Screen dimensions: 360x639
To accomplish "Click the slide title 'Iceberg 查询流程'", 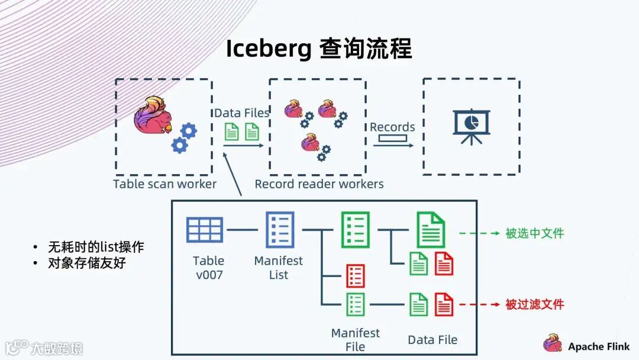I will tap(319, 49).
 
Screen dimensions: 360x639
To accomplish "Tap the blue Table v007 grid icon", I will tap(205, 230).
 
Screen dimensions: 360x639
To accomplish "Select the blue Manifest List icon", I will tap(280, 230).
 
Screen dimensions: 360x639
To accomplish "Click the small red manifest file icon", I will tap(355, 276).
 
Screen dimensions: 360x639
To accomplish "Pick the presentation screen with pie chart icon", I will tap(472, 125).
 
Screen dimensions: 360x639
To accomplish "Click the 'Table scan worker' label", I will tap(164, 184).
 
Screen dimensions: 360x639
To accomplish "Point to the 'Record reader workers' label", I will tap(319, 184).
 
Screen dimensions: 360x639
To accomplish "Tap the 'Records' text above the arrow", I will tap(392, 127).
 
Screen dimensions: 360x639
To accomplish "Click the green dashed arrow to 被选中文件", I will tap(479, 233).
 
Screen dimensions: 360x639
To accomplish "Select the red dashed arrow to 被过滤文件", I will tap(479, 304).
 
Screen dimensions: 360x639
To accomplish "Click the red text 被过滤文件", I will tap(534, 304).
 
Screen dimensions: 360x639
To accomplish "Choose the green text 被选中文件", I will tap(534, 233).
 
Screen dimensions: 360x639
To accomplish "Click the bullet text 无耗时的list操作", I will tap(96, 247).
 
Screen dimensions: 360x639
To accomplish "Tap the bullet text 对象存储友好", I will tap(86, 263).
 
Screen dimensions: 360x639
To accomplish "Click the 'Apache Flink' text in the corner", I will tap(599, 346).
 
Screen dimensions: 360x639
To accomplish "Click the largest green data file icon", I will tap(431, 230).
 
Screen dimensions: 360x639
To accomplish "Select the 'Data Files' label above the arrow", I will tap(241, 112).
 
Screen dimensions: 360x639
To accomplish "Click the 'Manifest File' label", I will tap(355, 340).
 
